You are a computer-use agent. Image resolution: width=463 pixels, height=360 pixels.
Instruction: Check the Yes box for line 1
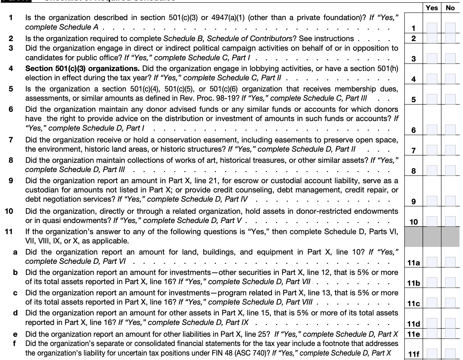click(432, 28)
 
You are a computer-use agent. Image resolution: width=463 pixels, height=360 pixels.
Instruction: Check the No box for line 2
click(450, 39)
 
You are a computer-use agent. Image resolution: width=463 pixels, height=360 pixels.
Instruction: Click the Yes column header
click(432, 8)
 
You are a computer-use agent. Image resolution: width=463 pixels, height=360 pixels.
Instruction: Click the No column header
click(450, 8)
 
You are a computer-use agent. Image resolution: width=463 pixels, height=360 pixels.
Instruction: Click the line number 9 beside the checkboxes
click(414, 201)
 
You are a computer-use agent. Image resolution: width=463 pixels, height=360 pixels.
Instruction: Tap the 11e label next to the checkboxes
click(414, 334)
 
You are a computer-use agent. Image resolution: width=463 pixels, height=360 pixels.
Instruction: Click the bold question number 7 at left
click(11, 140)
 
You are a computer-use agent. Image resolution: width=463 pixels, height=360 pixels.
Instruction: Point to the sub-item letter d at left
click(15, 313)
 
